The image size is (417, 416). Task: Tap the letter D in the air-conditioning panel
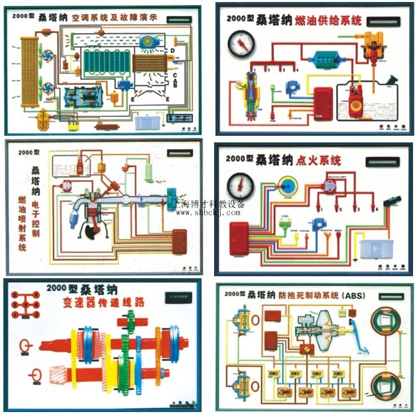pyautogui.click(x=172, y=52)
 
